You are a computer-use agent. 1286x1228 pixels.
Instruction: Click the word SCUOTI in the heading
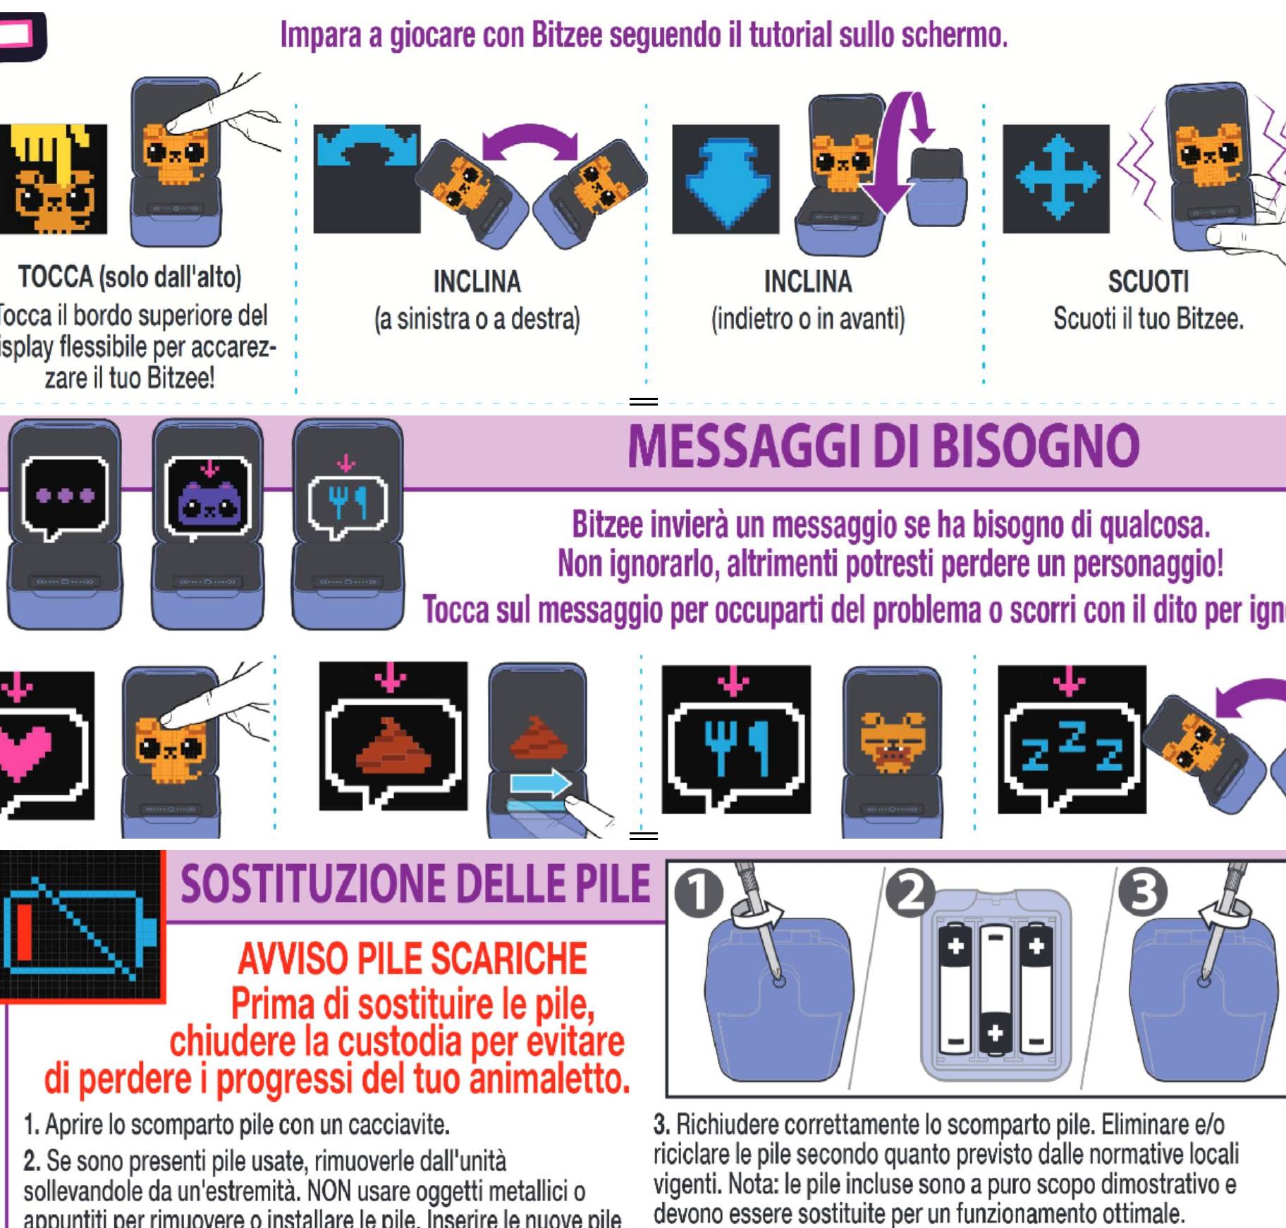pos(1148,282)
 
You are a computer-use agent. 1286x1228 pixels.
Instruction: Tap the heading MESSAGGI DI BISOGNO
pos(883,446)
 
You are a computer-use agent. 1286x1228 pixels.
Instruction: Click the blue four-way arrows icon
pos(1055,178)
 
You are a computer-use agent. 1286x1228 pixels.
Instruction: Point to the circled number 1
pos(699,893)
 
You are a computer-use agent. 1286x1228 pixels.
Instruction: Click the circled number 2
pos(910,893)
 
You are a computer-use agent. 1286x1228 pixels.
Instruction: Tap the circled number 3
pos(1143,893)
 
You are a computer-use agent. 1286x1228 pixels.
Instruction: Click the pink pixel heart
pos(25,751)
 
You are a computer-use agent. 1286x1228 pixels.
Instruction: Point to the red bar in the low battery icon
pos(23,931)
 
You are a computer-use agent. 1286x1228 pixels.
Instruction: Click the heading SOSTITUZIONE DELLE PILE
pos(415,884)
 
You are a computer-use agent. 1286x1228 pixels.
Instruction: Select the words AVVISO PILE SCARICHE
pos(412,959)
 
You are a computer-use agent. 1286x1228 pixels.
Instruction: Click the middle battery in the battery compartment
pos(995,987)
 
